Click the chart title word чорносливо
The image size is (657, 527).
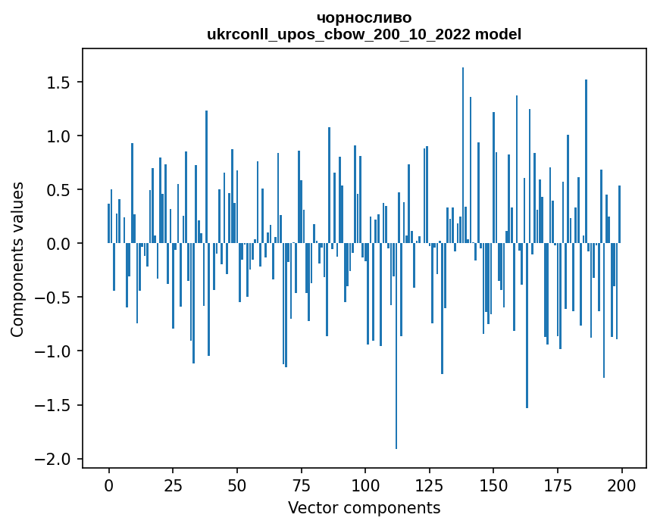point(364,18)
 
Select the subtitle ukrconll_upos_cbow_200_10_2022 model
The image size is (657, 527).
point(364,34)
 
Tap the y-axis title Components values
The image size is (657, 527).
point(17,259)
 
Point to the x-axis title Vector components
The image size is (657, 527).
point(364,507)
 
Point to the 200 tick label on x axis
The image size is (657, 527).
point(622,485)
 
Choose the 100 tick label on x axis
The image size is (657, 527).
point(365,485)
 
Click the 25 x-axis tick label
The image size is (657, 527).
point(173,485)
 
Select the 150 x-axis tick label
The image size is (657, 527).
point(493,485)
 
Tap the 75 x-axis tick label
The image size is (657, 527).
point(301,485)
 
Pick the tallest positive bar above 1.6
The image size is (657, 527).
point(463,151)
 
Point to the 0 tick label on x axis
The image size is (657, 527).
point(108,485)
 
